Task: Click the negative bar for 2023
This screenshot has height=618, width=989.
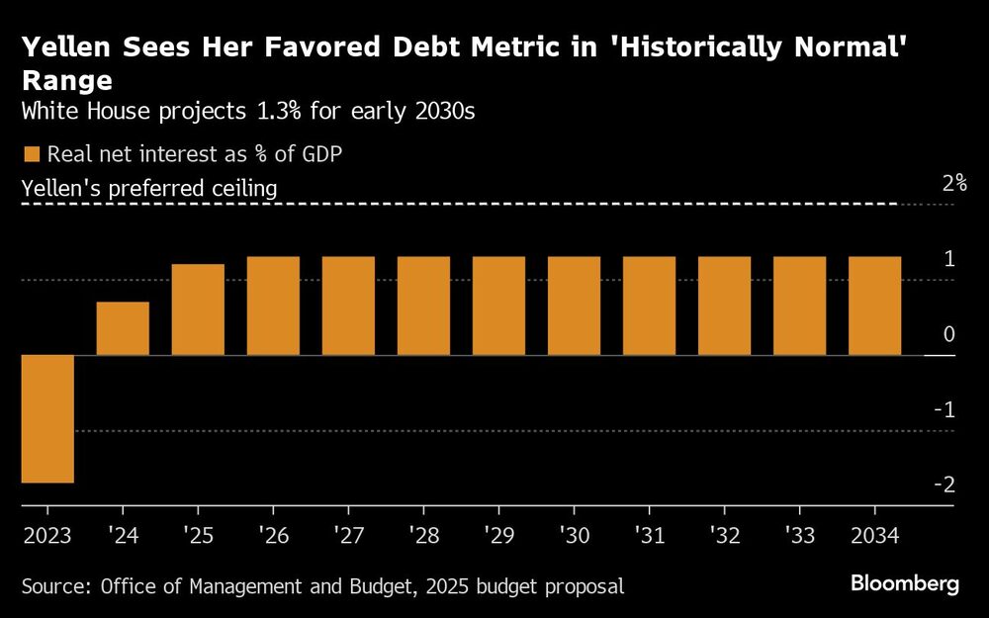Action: click(x=47, y=418)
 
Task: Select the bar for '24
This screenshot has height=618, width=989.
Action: click(x=123, y=328)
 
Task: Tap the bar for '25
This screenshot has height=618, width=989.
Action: click(x=198, y=309)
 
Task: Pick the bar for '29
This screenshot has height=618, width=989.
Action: click(x=498, y=306)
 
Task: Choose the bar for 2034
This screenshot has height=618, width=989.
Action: click(x=874, y=306)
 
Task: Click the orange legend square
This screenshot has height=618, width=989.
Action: click(x=31, y=154)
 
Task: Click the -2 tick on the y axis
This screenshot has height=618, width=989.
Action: click(x=944, y=485)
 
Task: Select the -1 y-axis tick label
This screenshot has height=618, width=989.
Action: click(x=944, y=409)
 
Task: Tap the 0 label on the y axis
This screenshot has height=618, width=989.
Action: click(x=948, y=334)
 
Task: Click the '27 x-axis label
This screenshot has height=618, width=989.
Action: click(x=348, y=535)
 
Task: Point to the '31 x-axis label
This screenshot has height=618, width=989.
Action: click(x=649, y=535)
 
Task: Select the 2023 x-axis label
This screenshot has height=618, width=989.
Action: click(x=46, y=535)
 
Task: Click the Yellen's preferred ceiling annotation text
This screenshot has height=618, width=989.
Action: click(x=148, y=187)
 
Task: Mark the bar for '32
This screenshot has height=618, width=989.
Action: click(x=724, y=306)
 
